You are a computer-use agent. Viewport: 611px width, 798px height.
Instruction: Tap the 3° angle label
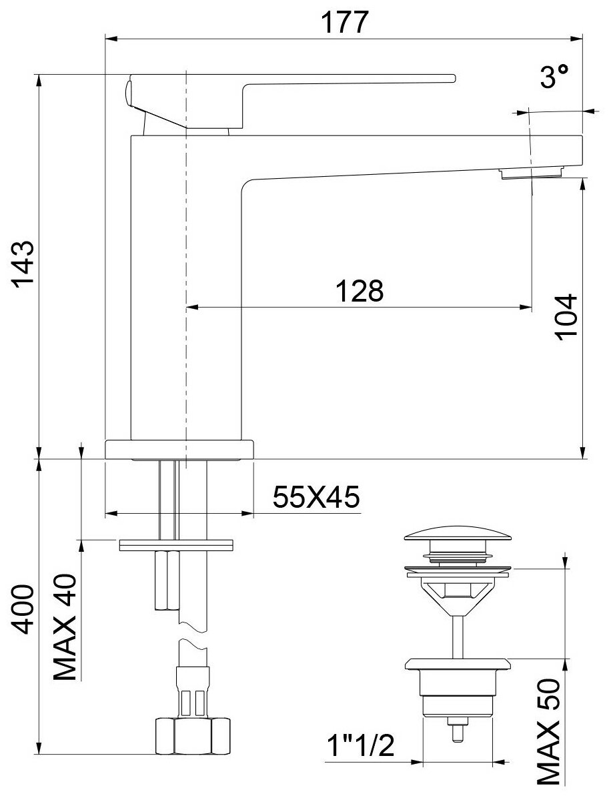pos(554,78)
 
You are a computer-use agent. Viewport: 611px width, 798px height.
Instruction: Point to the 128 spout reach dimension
pos(359,291)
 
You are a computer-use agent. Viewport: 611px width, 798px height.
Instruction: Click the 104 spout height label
pos(566,316)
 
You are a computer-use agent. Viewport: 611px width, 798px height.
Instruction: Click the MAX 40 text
pos(65,627)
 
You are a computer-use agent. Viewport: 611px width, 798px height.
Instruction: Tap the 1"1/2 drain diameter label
pos(361,747)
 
